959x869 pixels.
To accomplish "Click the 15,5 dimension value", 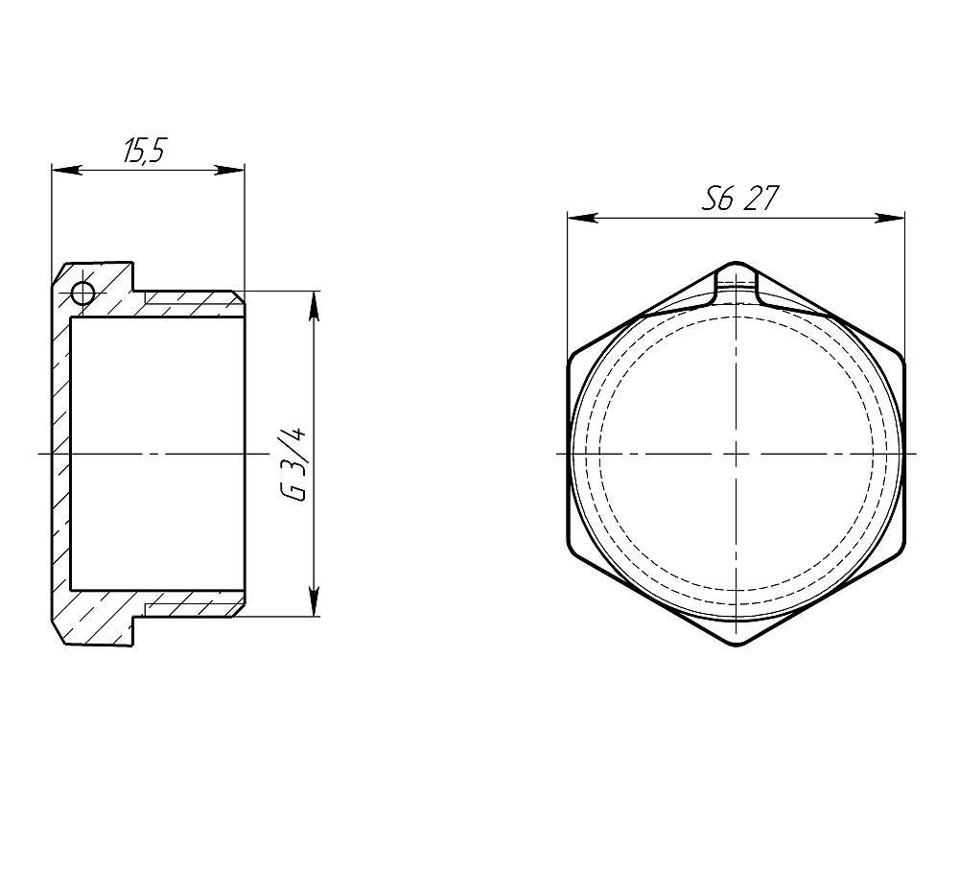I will coord(145,151).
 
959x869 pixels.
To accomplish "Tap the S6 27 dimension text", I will coord(740,199).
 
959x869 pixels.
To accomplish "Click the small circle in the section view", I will coord(82,293).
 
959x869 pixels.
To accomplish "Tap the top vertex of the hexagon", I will coord(737,262).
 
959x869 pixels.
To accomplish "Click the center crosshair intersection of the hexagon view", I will coord(737,453).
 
